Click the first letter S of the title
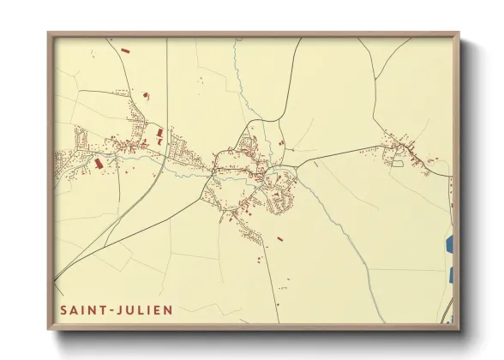coord(63,309)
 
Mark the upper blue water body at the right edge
coord(449,244)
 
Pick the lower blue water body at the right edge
coord(450,275)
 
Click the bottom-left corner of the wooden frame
coord(50,328)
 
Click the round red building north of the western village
coord(143,92)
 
